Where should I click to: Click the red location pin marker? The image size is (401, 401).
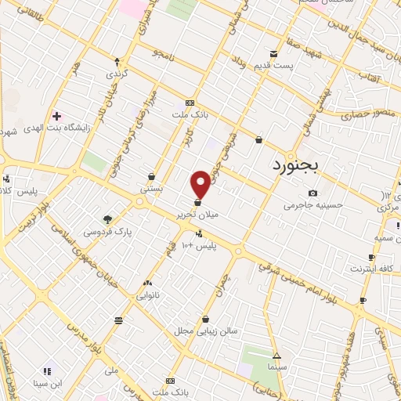[x=201, y=183]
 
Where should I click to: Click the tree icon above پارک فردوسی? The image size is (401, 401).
[x=107, y=220]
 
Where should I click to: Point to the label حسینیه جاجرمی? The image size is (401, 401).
[x=312, y=207]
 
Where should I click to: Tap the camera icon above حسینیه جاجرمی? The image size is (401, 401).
[x=312, y=193]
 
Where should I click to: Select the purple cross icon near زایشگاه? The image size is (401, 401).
[x=56, y=115]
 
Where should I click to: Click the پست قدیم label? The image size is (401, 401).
[x=273, y=67]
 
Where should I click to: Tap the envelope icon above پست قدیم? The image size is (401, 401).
[x=273, y=54]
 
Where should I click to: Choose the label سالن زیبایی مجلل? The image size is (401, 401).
[x=206, y=332]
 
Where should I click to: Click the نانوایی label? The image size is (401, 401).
[x=148, y=296]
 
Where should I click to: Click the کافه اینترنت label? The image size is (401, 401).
[x=371, y=269]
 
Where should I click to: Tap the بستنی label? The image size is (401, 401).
[x=151, y=190]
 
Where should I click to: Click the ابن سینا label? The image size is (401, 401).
[x=46, y=383]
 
